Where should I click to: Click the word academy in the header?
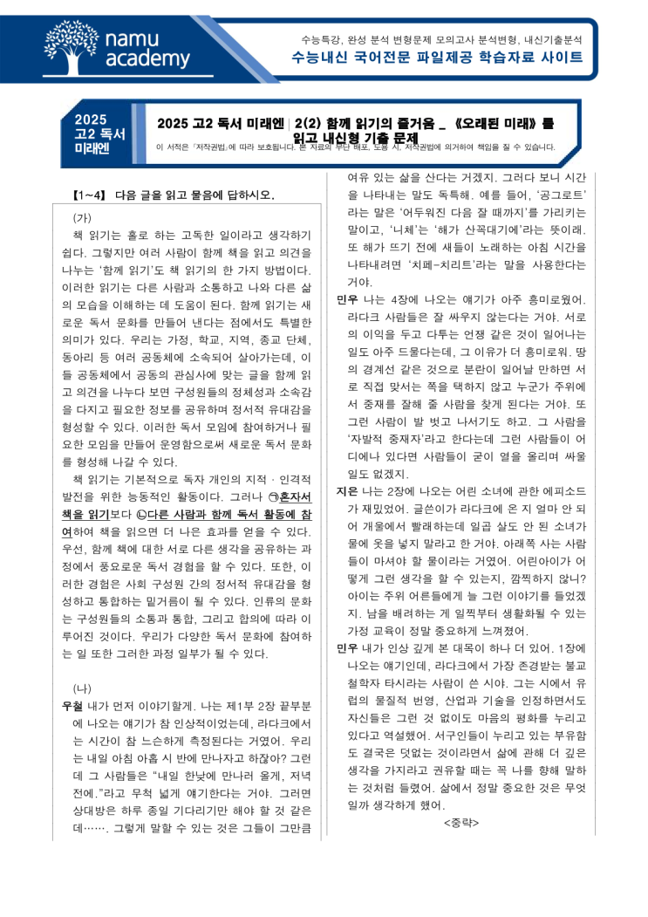tap(147, 59)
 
